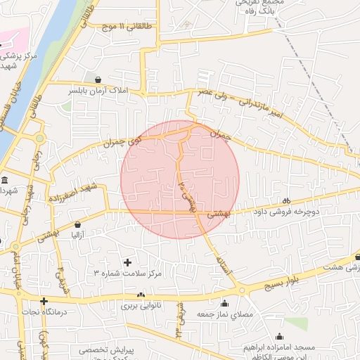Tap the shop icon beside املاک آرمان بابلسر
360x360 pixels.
[97, 79]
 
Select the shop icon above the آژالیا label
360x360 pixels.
[77, 225]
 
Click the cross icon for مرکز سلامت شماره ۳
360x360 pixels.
[127, 262]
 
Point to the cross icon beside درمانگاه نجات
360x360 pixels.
[44, 300]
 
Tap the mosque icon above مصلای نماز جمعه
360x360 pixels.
[224, 303]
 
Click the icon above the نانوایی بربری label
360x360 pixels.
[141, 295]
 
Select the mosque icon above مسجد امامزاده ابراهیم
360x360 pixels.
[279, 337]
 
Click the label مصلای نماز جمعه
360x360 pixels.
[224, 313]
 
